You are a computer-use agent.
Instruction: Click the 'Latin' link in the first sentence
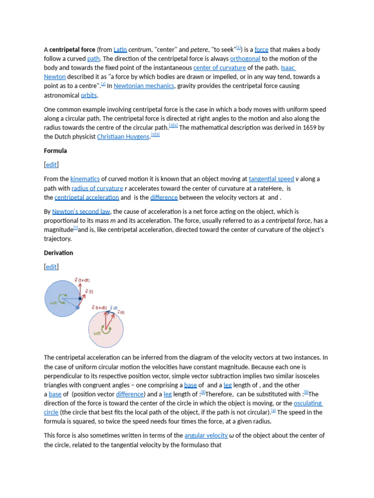tap(120, 50)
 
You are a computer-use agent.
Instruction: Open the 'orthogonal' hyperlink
tap(245, 59)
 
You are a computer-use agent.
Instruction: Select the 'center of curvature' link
tap(219, 68)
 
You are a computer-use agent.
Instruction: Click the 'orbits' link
tap(89, 95)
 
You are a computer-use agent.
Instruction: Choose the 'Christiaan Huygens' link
tap(123, 137)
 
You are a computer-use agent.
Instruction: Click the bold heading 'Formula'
tap(56, 151)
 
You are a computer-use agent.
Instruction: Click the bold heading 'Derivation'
tap(58, 253)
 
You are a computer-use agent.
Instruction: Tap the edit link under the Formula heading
tap(51, 165)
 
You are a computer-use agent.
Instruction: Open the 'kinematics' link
tap(85, 179)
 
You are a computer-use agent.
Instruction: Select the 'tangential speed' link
tap(271, 179)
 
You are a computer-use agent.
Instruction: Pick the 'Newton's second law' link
tap(81, 212)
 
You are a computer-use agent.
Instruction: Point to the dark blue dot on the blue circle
tap(80, 299)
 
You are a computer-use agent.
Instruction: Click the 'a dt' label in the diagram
tap(113, 308)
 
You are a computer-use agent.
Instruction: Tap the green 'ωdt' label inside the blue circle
tap(54, 302)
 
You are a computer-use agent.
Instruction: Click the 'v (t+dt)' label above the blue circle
tap(82, 280)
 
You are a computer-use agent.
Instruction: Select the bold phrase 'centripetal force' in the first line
tap(72, 50)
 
